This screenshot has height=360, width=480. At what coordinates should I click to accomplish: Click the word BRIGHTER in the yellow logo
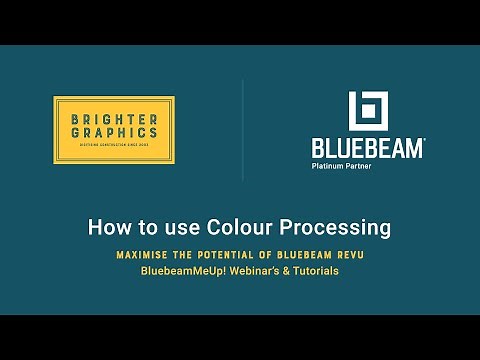click(113, 119)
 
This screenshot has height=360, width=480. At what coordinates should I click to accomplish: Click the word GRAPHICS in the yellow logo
click(113, 132)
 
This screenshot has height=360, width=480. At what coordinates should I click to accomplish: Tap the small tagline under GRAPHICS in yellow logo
click(113, 145)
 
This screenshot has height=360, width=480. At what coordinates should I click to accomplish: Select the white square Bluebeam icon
click(367, 111)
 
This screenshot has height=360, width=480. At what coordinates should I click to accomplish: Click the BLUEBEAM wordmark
click(367, 148)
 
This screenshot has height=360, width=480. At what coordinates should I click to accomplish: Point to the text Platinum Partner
click(341, 166)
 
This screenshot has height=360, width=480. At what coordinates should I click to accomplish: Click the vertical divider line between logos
click(243, 130)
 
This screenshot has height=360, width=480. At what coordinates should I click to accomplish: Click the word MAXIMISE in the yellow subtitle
click(147, 256)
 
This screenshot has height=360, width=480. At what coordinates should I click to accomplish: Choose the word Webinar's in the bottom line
click(254, 271)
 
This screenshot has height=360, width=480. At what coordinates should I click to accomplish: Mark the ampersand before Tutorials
click(285, 271)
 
